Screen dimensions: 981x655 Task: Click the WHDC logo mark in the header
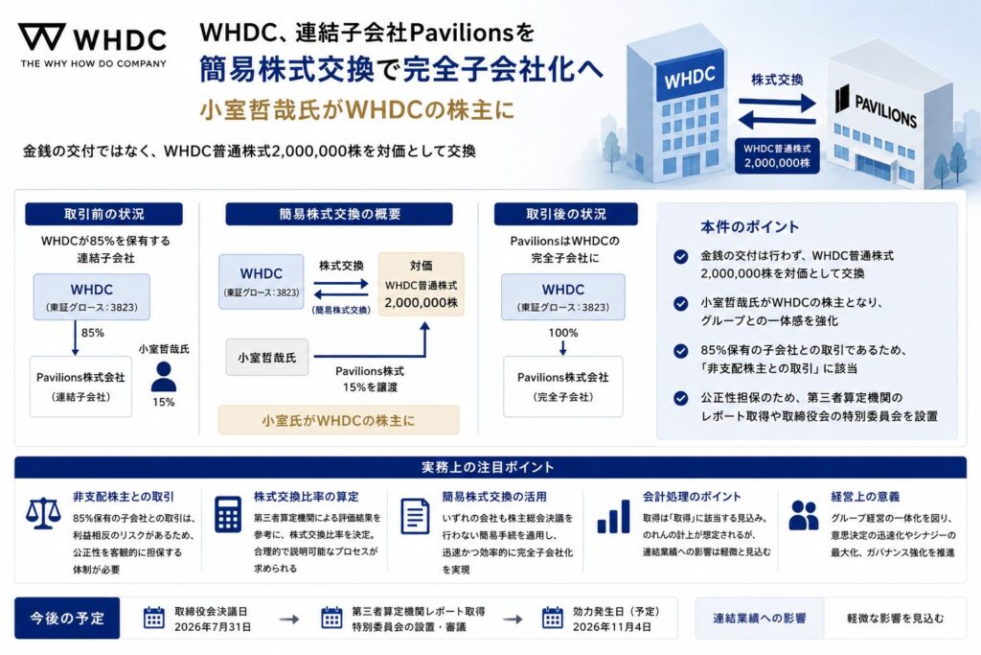coord(42,37)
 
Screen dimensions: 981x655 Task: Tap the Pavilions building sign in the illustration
coord(876,107)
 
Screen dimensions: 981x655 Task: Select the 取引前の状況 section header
coord(103,214)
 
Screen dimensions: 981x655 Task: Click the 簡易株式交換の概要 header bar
coord(339,214)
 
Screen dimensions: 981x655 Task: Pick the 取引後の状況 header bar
coord(565,214)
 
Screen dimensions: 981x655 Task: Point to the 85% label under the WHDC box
coord(93,333)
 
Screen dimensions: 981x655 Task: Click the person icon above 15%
coord(164,376)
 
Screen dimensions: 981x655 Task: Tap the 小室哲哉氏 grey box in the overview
coord(267,358)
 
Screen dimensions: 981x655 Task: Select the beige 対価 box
coord(422,284)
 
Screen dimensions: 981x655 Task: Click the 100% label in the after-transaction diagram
coord(563,333)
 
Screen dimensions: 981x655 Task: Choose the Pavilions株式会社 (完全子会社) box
coord(563,386)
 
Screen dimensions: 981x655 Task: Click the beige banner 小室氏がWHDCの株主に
coord(338,420)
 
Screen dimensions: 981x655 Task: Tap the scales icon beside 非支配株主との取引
coord(43,514)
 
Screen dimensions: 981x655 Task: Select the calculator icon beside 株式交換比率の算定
coord(228,515)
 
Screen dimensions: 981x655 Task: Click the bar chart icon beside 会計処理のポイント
coord(613,517)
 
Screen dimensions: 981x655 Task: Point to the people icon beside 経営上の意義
coord(804,515)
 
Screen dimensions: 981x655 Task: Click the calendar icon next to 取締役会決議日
coord(154,618)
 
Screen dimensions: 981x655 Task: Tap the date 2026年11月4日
coord(612,627)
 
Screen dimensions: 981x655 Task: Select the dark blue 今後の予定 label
coord(67,618)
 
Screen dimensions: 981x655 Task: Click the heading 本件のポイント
coord(749,226)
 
